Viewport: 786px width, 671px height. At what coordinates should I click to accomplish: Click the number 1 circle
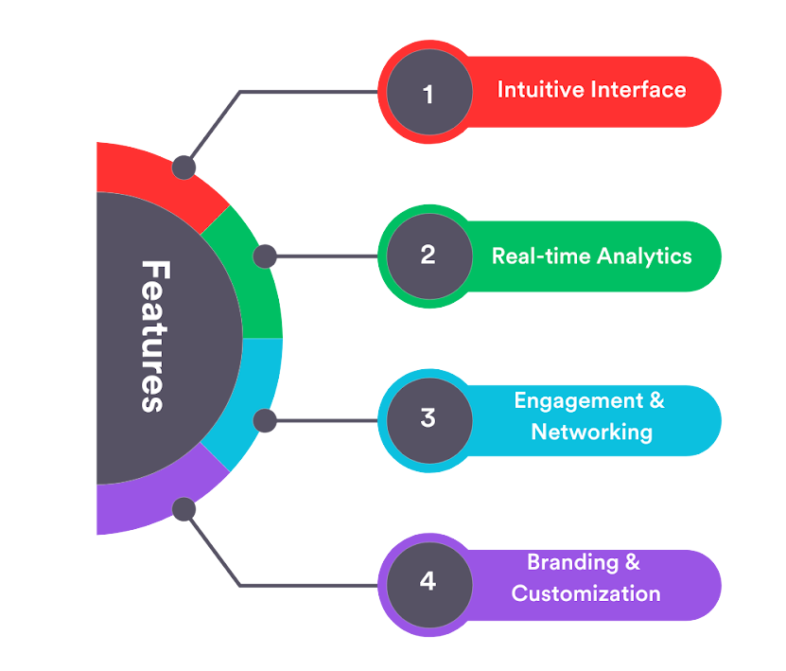(428, 93)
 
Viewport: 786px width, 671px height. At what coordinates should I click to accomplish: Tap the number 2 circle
(428, 256)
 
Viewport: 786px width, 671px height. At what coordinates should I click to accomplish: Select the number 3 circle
(428, 418)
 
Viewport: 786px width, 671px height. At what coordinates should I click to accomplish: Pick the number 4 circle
(428, 581)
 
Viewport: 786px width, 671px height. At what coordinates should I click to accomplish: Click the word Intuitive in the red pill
(539, 90)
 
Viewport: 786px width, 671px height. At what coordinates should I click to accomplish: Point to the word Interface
(638, 90)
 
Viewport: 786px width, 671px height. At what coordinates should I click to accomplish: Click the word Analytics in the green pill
(643, 256)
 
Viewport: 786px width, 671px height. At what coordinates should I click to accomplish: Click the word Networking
(591, 433)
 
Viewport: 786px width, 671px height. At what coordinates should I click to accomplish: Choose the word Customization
(585, 594)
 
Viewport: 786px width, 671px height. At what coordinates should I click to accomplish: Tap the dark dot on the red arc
(183, 168)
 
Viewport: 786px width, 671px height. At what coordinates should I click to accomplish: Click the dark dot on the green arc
(265, 256)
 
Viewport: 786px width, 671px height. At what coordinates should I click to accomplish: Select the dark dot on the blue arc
(265, 419)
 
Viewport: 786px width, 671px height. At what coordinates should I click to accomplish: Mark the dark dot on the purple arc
(183, 510)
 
